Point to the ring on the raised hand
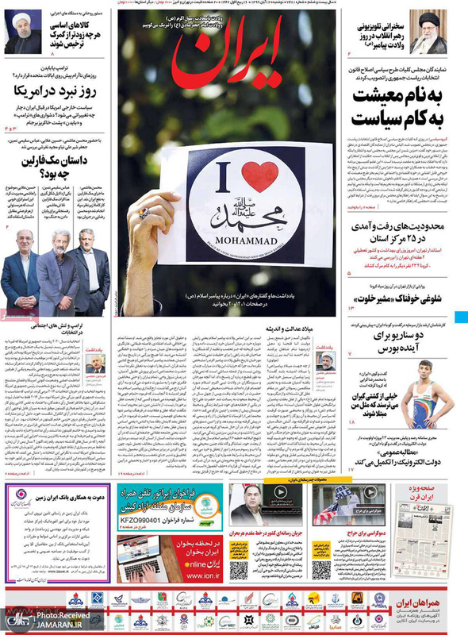[144, 214]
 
